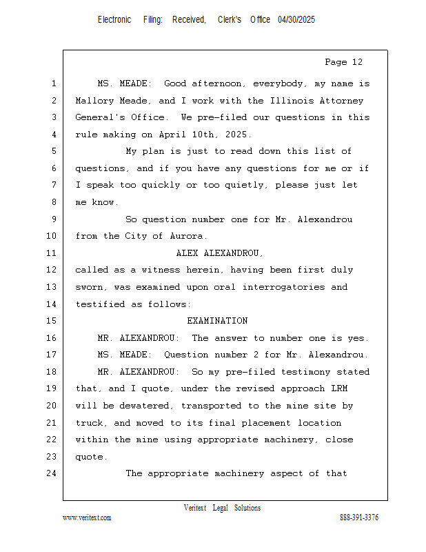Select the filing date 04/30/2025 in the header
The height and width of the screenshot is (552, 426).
[x=296, y=20]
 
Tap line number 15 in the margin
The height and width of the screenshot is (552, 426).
[x=53, y=321]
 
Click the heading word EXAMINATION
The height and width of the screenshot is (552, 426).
[x=217, y=321]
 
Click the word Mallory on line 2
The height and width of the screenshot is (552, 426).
[x=94, y=101]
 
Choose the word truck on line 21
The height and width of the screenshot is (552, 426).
[x=89, y=423]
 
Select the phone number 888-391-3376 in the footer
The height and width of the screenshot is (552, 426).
[x=359, y=517]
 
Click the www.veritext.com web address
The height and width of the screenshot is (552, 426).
[x=87, y=517]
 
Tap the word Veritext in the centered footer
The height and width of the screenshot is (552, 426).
[x=195, y=508]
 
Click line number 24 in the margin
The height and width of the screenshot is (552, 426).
[x=53, y=473]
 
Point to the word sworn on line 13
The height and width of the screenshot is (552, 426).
[x=89, y=287]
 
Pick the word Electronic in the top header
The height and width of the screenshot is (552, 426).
[x=114, y=20]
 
